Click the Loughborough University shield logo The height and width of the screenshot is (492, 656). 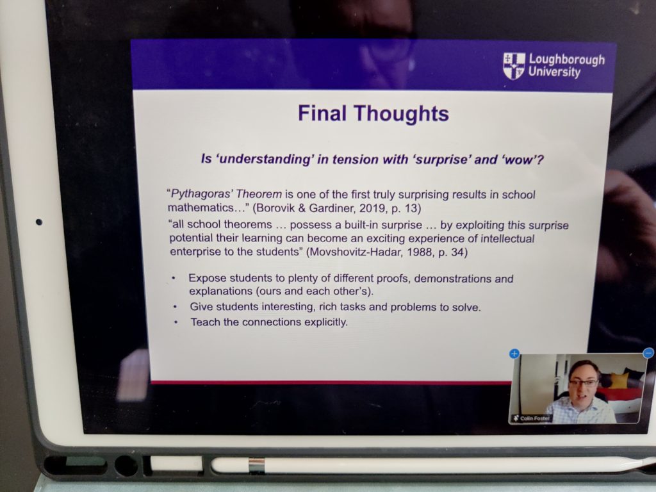pyautogui.click(x=514, y=66)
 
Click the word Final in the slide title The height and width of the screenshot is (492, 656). pyautogui.click(x=322, y=113)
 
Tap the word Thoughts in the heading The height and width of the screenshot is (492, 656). pyautogui.click(x=401, y=113)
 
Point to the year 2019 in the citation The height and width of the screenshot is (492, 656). pyautogui.click(x=373, y=208)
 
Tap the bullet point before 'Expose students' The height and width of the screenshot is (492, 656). pyautogui.click(x=174, y=278)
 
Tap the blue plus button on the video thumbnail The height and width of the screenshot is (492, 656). pyautogui.click(x=514, y=354)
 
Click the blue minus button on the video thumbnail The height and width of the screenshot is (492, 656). pyautogui.click(x=648, y=353)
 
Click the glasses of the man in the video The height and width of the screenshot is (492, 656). pyautogui.click(x=584, y=383)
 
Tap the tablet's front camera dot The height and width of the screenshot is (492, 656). pyautogui.click(x=39, y=222)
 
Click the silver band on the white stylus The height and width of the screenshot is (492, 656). pyautogui.click(x=256, y=466)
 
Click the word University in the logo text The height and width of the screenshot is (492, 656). pyautogui.click(x=554, y=72)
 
